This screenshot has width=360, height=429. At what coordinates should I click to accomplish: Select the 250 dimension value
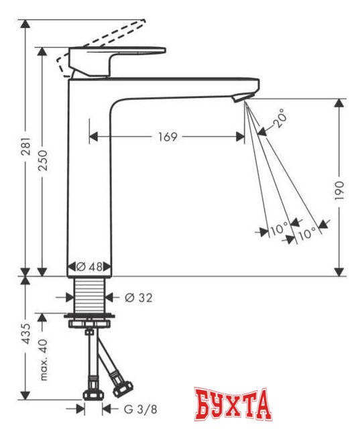[x=43, y=161]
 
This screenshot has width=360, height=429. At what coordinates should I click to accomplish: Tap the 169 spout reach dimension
[x=168, y=137]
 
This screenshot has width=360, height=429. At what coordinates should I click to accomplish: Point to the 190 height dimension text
[x=339, y=190]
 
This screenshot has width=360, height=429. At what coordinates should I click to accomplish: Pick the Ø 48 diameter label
[x=89, y=267]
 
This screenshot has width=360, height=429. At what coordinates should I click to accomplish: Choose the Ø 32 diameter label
[x=138, y=298]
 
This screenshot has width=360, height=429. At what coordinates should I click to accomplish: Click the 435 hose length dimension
[x=27, y=333]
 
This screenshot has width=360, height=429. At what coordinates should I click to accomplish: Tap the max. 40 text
[x=43, y=359]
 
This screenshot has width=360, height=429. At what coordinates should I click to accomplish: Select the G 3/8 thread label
[x=141, y=410]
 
